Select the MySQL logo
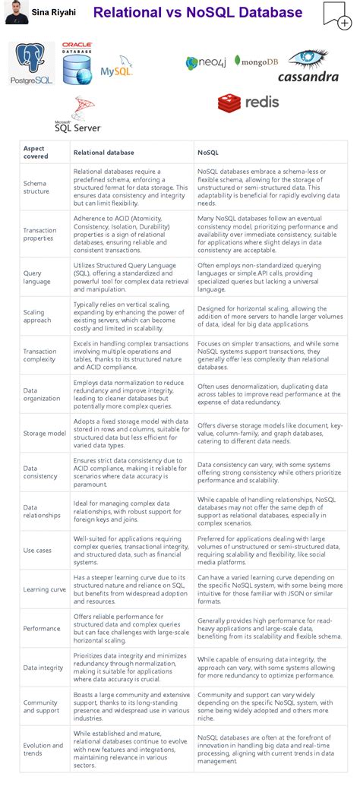(x=116, y=68)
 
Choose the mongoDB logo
(x=256, y=61)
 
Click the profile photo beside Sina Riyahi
(x=17, y=13)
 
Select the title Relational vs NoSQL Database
(x=197, y=13)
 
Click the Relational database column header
(x=103, y=153)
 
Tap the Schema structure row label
(x=36, y=188)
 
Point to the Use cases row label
(x=38, y=550)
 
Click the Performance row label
(x=42, y=628)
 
